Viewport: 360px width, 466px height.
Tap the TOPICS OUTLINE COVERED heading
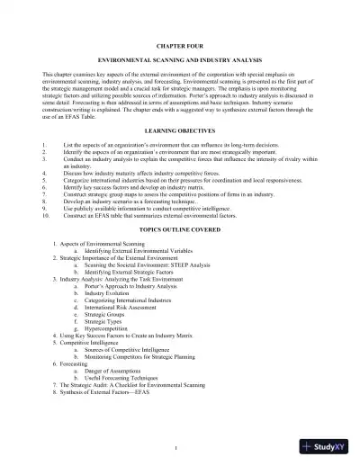pyautogui.click(x=180, y=229)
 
